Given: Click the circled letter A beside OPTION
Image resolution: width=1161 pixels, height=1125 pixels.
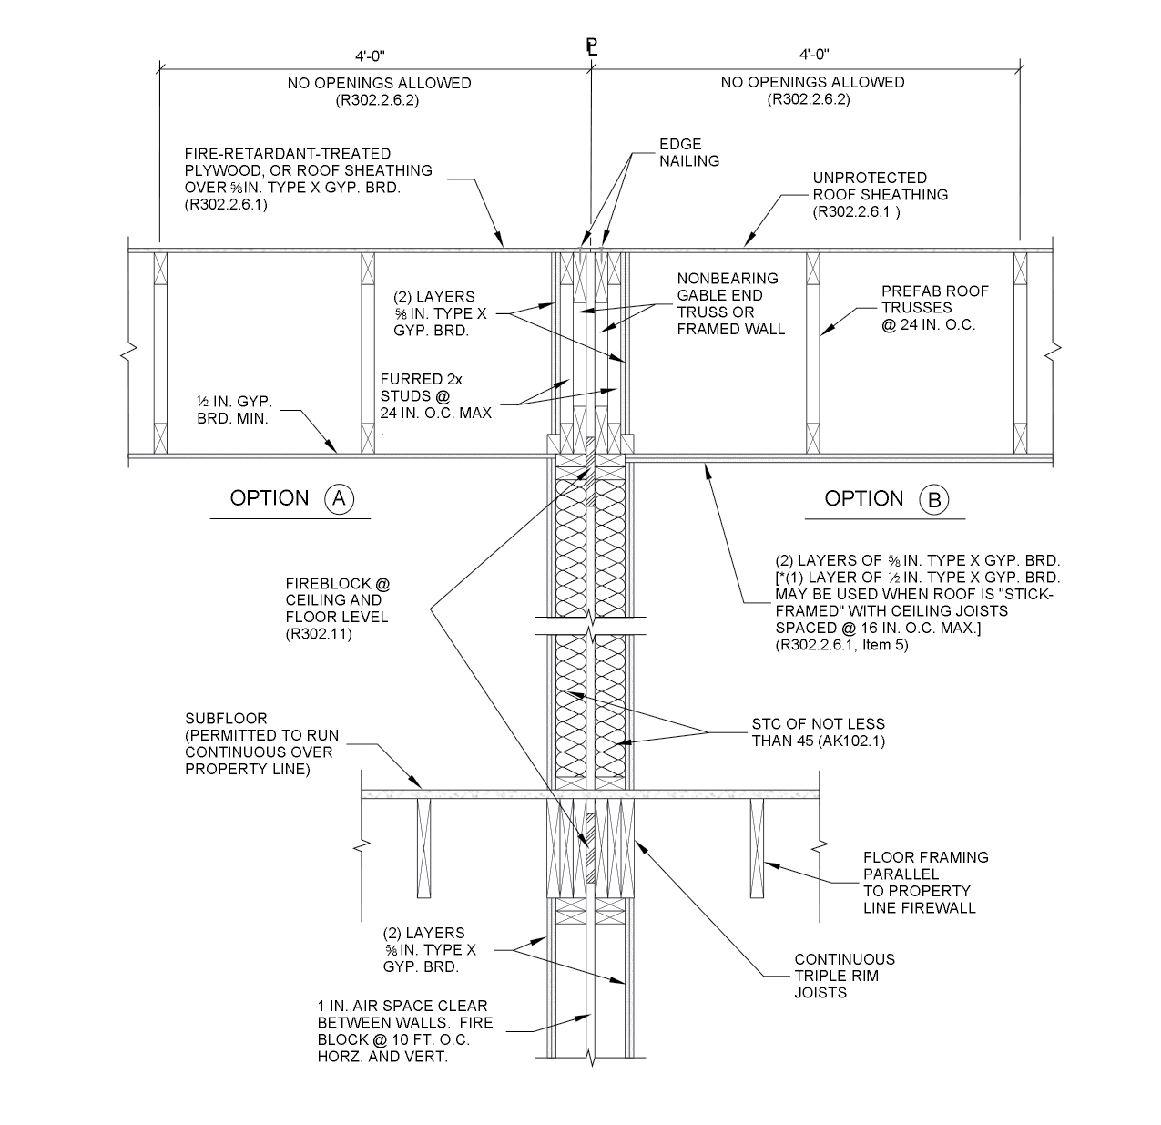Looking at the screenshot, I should click(x=340, y=498).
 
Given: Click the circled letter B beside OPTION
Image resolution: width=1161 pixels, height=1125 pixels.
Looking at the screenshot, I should click(x=934, y=499).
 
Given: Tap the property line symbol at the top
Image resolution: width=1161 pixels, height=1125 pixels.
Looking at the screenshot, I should click(x=592, y=47).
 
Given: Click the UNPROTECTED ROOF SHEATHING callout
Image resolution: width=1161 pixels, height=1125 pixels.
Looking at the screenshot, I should click(x=880, y=194).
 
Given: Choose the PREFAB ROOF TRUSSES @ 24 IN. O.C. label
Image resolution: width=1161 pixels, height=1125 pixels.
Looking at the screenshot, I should click(x=934, y=308).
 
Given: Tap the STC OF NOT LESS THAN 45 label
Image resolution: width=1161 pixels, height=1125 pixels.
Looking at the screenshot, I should click(x=818, y=732).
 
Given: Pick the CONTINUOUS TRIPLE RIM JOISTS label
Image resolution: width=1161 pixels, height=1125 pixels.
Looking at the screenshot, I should click(x=844, y=975).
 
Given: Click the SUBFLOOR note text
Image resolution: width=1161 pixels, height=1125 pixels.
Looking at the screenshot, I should click(x=259, y=744).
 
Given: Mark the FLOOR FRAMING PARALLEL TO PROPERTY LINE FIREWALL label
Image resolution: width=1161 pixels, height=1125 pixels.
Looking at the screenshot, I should click(x=925, y=882).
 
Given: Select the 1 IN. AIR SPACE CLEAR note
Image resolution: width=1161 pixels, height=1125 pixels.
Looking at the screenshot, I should click(x=404, y=1031).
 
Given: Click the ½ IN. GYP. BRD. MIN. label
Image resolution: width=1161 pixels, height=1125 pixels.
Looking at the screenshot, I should click(x=234, y=410).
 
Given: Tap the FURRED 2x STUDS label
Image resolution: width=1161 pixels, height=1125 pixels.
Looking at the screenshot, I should click(x=435, y=396).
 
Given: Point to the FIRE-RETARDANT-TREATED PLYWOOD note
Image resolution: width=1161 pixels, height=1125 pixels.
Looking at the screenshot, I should click(x=308, y=179).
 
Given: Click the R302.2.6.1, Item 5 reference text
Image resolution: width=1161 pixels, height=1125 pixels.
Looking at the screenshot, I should click(x=841, y=646).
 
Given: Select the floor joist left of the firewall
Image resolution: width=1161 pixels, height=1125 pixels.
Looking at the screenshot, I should click(x=423, y=847).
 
